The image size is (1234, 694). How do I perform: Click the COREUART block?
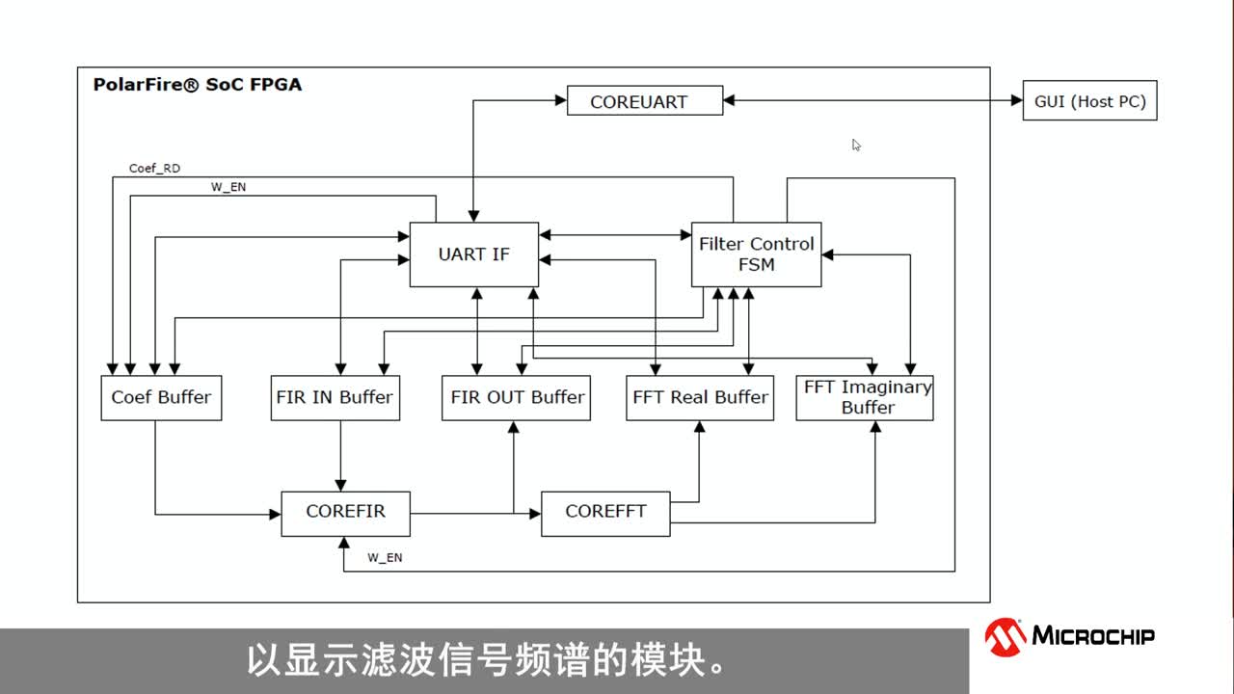tap(644, 101)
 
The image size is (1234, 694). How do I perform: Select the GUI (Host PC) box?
tap(1089, 101)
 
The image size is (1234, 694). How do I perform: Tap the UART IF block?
tap(473, 254)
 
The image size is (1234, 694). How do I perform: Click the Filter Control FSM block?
tap(756, 254)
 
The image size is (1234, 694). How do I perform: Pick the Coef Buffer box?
tap(161, 397)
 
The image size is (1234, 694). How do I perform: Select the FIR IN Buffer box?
tap(335, 397)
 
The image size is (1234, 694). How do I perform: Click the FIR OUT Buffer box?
tap(517, 397)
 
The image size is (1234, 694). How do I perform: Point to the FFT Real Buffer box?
tap(700, 397)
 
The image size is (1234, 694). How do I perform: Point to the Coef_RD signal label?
tap(154, 169)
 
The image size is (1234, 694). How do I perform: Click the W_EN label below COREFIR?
tap(385, 558)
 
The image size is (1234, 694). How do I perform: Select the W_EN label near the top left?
tap(228, 187)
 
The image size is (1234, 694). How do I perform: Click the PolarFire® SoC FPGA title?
tap(198, 85)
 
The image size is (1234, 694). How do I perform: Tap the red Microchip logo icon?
tap(1005, 636)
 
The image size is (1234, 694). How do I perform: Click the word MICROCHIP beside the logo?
tap(1093, 636)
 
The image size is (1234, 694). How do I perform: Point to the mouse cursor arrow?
tap(856, 145)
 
